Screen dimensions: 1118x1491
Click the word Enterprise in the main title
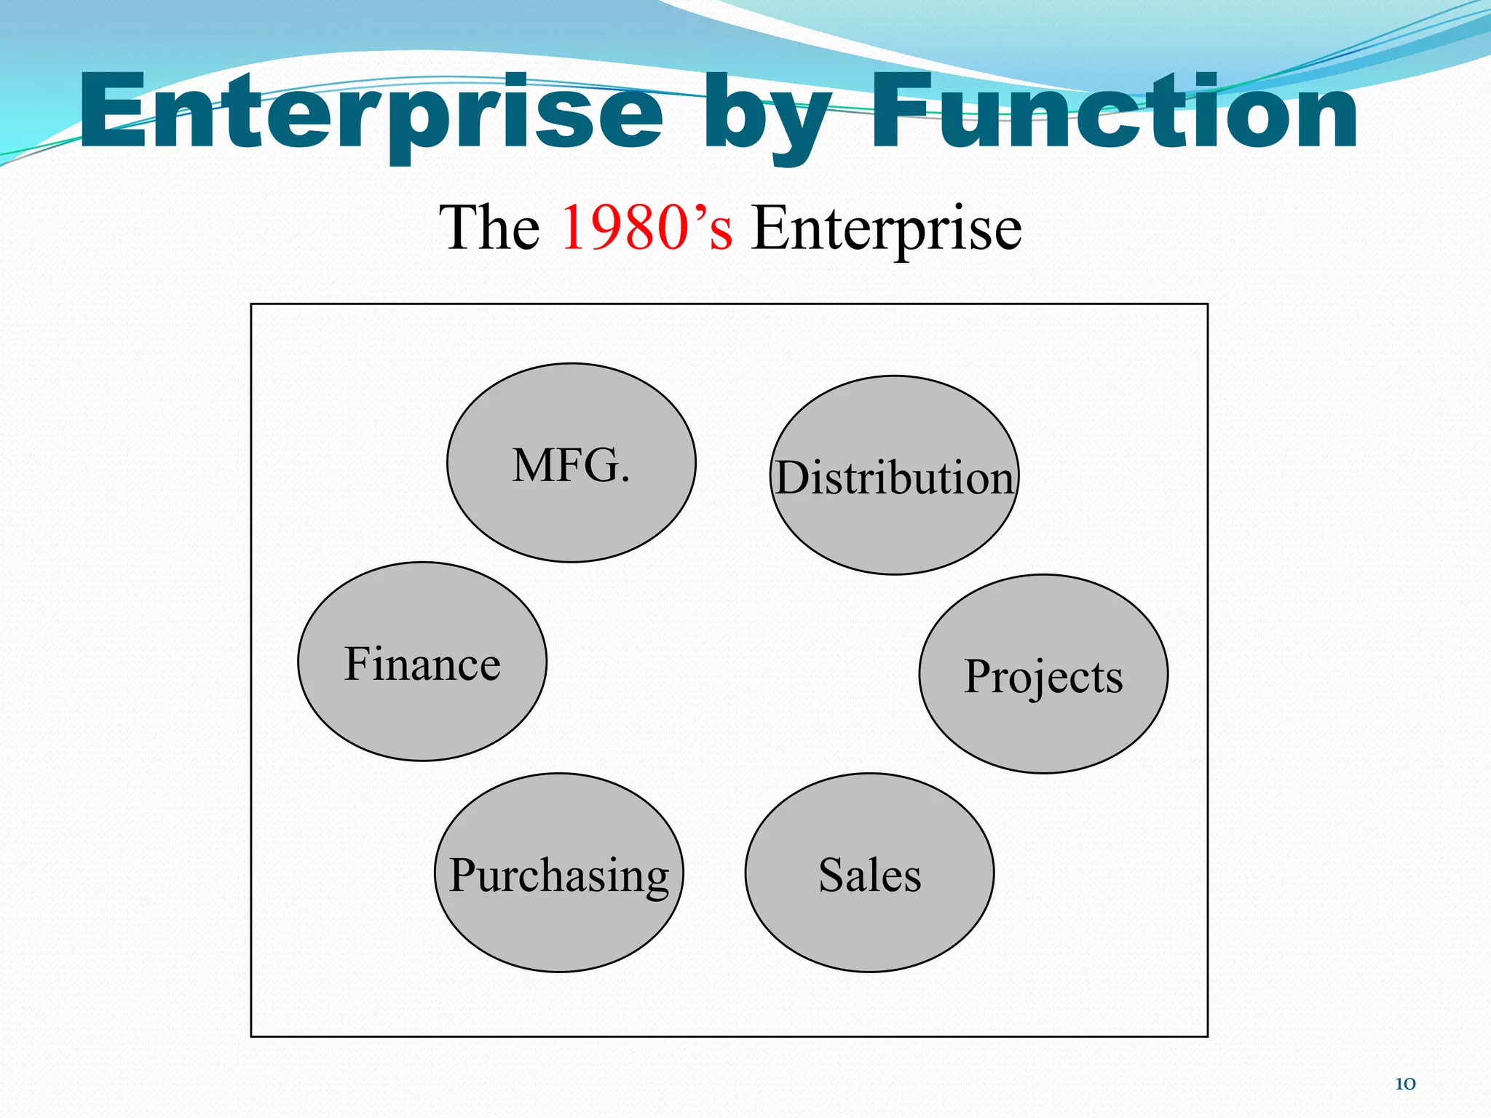[x=371, y=113]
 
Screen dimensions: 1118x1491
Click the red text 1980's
[x=646, y=228]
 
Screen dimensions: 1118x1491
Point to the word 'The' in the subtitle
[x=489, y=228]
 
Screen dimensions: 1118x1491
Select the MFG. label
[x=571, y=465]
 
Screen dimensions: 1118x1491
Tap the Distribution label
[x=894, y=478]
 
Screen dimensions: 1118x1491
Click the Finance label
[x=422, y=664]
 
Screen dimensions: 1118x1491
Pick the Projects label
[x=1043, y=677]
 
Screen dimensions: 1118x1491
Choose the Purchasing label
[x=559, y=875]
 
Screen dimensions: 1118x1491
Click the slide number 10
[x=1404, y=1084]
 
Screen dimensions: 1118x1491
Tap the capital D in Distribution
[x=793, y=478]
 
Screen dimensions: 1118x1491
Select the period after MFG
[x=625, y=480]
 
